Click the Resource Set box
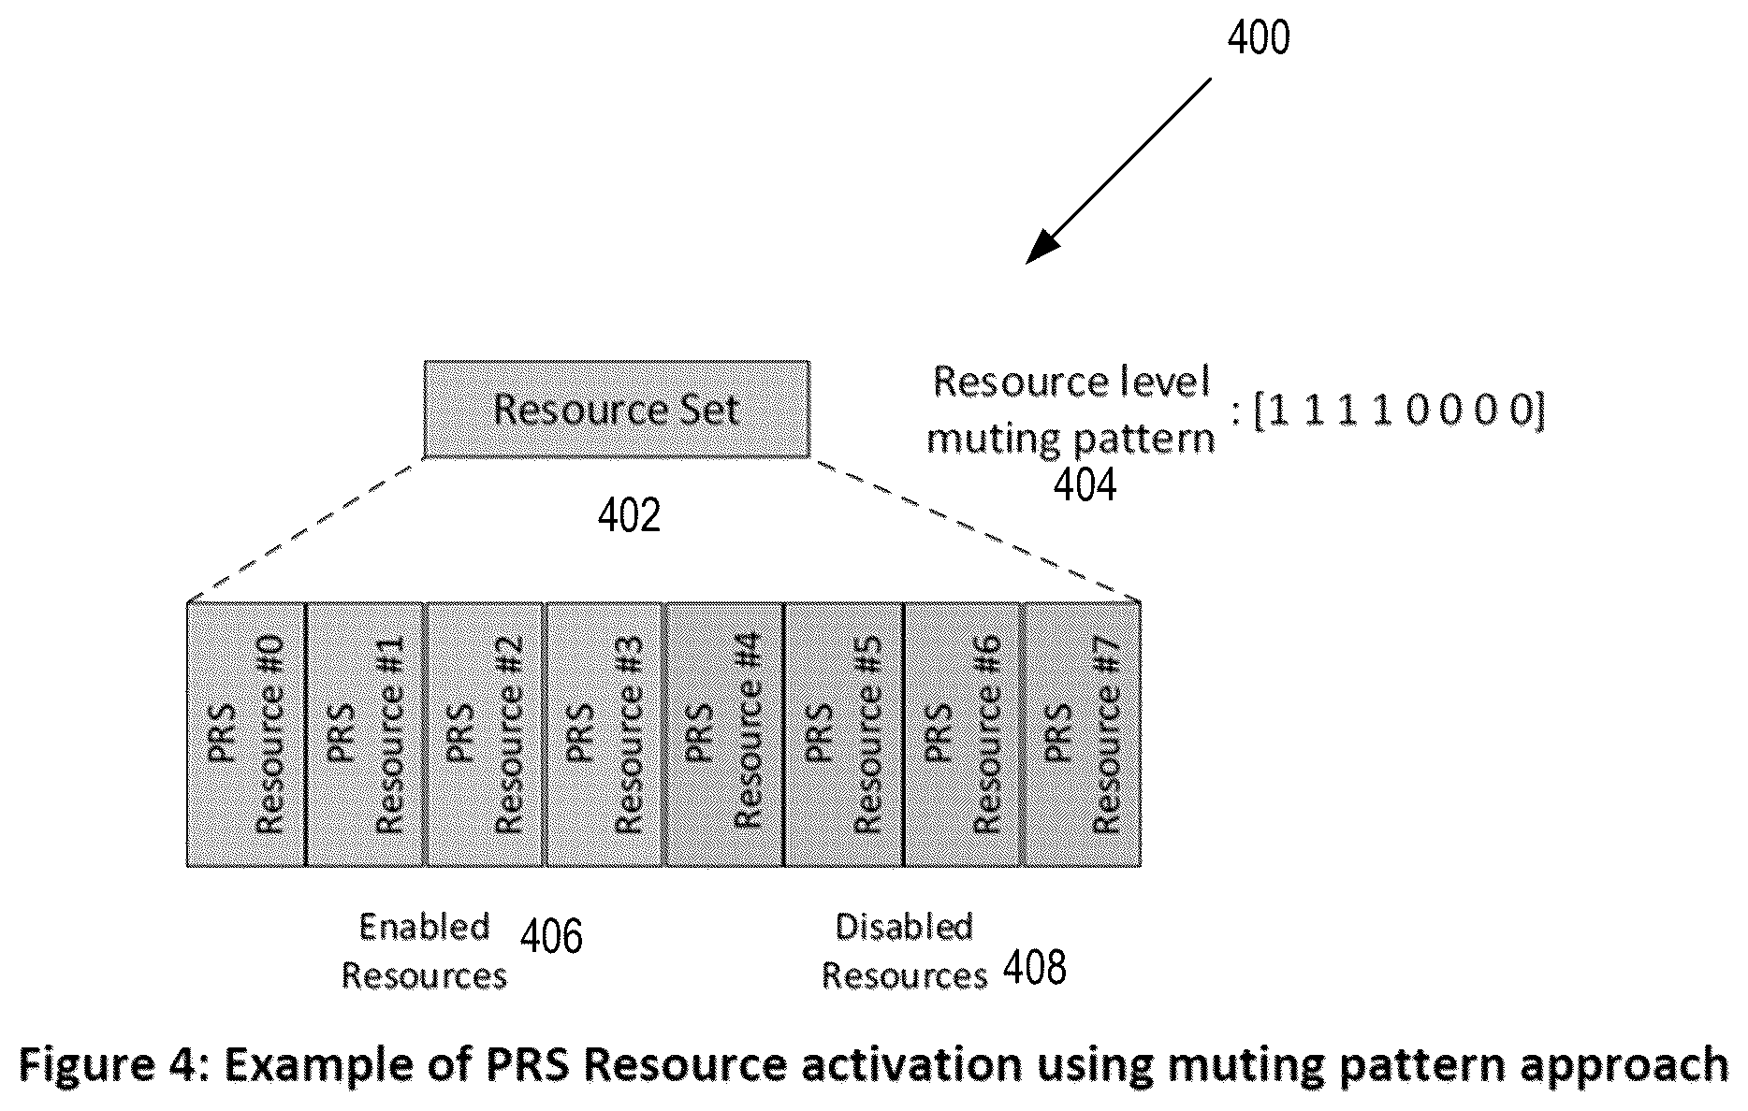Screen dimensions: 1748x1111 tap(617, 410)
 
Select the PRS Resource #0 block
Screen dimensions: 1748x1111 tap(247, 734)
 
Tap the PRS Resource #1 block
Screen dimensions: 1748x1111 tap(367, 734)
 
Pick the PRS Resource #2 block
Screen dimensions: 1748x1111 tap(486, 734)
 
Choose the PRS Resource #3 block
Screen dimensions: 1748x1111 tap(605, 734)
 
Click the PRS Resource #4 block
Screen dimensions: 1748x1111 tap(724, 734)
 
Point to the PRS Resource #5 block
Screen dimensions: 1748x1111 tap(844, 734)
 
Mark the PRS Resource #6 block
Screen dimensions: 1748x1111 tap(964, 734)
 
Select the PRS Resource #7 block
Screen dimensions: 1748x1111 tap(1083, 734)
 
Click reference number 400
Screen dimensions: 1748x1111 tap(1259, 38)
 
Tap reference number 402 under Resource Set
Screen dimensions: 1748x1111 tap(630, 515)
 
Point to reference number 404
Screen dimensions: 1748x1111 tap(1085, 485)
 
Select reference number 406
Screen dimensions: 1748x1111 tap(551, 936)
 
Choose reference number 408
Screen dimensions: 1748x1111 tap(1035, 968)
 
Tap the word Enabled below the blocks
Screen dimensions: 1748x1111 tap(425, 927)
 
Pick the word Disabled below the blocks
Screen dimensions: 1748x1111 tap(904, 927)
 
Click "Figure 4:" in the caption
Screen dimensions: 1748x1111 tap(117, 1066)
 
